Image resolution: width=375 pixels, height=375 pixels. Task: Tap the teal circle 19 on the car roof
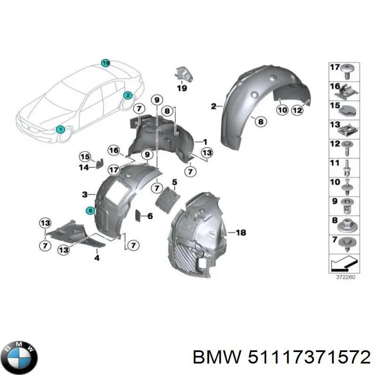(105, 63)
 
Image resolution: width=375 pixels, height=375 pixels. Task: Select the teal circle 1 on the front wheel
(60, 129)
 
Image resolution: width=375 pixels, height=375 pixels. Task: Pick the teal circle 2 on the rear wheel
(127, 95)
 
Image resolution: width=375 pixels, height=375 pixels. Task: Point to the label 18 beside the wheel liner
(240, 232)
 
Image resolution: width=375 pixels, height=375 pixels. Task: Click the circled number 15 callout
(84, 157)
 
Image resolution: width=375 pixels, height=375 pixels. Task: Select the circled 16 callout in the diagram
(114, 150)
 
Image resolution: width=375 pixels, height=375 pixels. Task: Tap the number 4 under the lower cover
(97, 258)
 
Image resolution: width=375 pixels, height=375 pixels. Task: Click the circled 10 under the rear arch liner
(282, 111)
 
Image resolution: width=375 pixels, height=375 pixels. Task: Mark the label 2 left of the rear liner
(213, 106)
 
